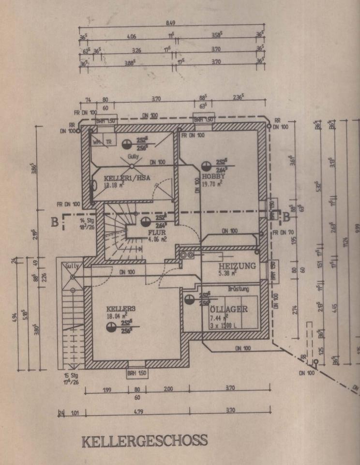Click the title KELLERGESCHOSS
point(144,441)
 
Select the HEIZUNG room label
point(237,266)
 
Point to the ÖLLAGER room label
point(229,309)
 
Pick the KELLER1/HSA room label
point(127,178)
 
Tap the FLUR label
point(157,232)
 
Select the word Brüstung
point(239,289)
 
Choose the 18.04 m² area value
point(118,317)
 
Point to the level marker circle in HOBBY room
point(206,165)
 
